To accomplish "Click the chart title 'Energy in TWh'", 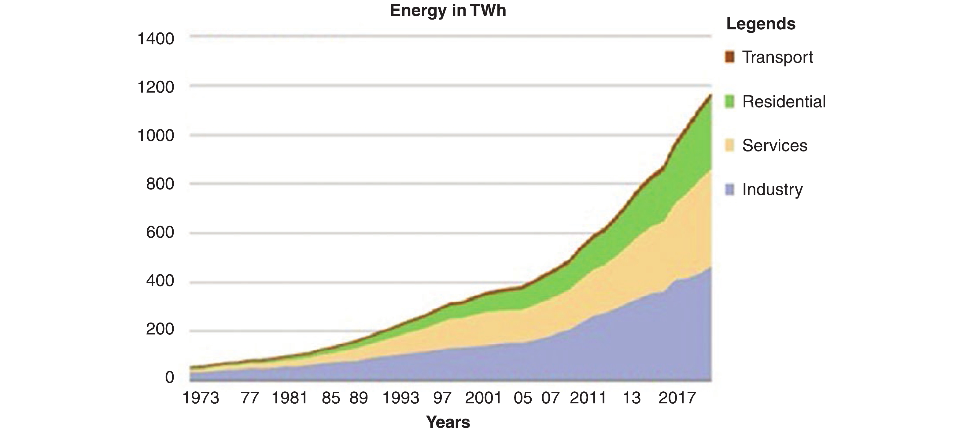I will pos(448,10).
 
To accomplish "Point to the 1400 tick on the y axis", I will pos(156,39).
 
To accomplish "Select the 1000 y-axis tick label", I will pos(156,136).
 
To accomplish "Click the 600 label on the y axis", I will pos(160,232).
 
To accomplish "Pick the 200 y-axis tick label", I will pos(160,329).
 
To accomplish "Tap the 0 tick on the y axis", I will pos(169,377).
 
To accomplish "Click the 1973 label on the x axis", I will pos(201,398).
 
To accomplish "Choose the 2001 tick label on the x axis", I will pos(483,398).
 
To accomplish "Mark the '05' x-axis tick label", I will pos(523,398).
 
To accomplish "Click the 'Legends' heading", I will pos(761,24).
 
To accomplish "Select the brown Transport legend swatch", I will pos(729,57).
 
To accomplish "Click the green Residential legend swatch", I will pos(729,101).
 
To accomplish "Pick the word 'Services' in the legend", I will pos(775,145).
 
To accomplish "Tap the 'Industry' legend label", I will pos(772,189).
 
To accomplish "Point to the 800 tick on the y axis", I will pos(160,184).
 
